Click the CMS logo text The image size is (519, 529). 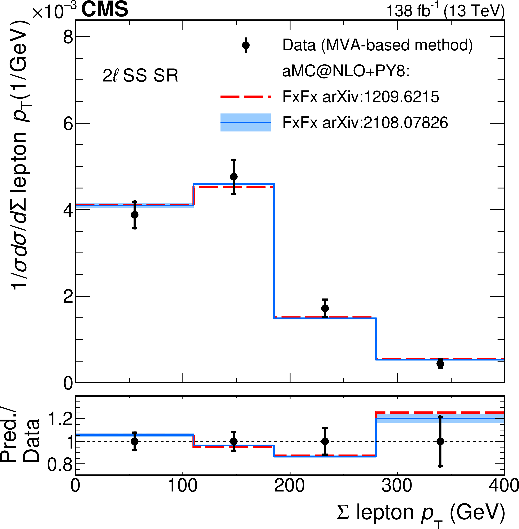click(x=105, y=9)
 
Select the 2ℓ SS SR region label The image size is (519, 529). click(x=140, y=76)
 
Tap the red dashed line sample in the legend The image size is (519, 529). click(x=246, y=97)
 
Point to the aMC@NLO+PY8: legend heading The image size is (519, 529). click(x=346, y=71)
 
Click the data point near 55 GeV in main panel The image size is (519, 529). click(x=134, y=215)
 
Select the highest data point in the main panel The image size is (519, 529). click(x=234, y=176)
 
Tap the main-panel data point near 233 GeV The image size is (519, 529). click(x=325, y=308)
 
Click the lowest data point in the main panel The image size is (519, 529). click(x=440, y=364)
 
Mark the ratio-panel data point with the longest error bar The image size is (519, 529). click(x=440, y=441)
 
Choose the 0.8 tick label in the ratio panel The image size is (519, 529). click(x=60, y=464)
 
